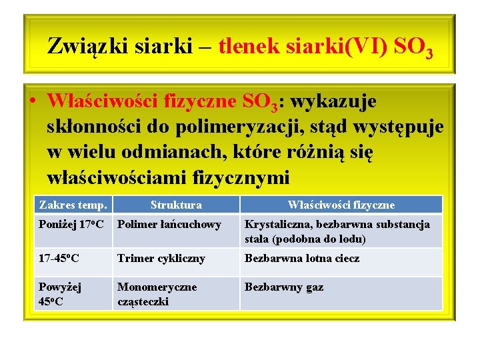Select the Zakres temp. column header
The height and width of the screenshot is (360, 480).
[x=73, y=205]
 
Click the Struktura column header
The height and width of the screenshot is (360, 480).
[x=176, y=205]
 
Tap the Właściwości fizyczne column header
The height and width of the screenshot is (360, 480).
[x=341, y=205]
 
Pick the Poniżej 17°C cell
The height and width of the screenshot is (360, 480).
[x=71, y=225]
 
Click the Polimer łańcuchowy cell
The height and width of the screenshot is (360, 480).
[x=169, y=225]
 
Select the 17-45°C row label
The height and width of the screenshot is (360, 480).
[x=59, y=258]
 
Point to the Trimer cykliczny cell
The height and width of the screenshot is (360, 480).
[x=161, y=258]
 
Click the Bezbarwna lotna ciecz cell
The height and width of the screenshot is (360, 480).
[x=301, y=258]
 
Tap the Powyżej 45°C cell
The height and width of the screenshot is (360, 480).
[x=60, y=294]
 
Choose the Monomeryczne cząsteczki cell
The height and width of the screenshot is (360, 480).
[x=157, y=294]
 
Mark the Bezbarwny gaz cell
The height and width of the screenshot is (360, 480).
[x=284, y=287]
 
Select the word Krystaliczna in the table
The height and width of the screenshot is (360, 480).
[x=275, y=225]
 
